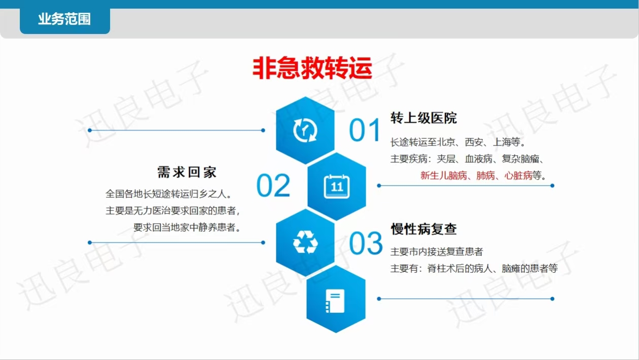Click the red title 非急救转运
point(312,68)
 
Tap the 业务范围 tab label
point(64,19)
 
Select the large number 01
point(365,130)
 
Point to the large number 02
point(273,186)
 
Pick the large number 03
point(366,243)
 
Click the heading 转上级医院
point(423,118)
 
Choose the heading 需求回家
point(187,172)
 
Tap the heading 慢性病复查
point(423,229)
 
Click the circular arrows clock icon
point(305,130)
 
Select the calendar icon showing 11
point(337,186)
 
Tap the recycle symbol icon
point(305,242)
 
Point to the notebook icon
point(335,301)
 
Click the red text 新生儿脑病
point(444,175)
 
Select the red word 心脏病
point(518,175)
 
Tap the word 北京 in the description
point(446,142)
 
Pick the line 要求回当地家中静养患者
point(187,227)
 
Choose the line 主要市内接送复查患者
point(437,251)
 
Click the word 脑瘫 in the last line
point(511,268)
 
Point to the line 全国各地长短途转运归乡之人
point(168,194)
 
